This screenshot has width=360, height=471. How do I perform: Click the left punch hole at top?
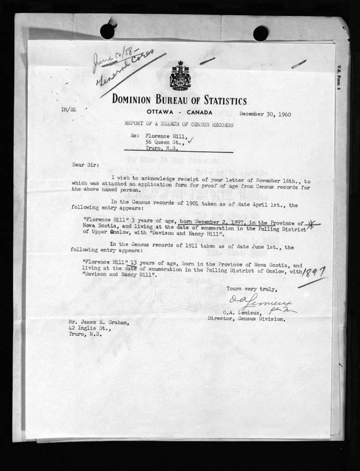pos(107,31)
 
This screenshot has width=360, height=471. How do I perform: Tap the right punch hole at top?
pos(260,34)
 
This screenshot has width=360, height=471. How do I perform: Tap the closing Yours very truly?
pos(251,289)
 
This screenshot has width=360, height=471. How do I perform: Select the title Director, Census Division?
pos(252,319)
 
